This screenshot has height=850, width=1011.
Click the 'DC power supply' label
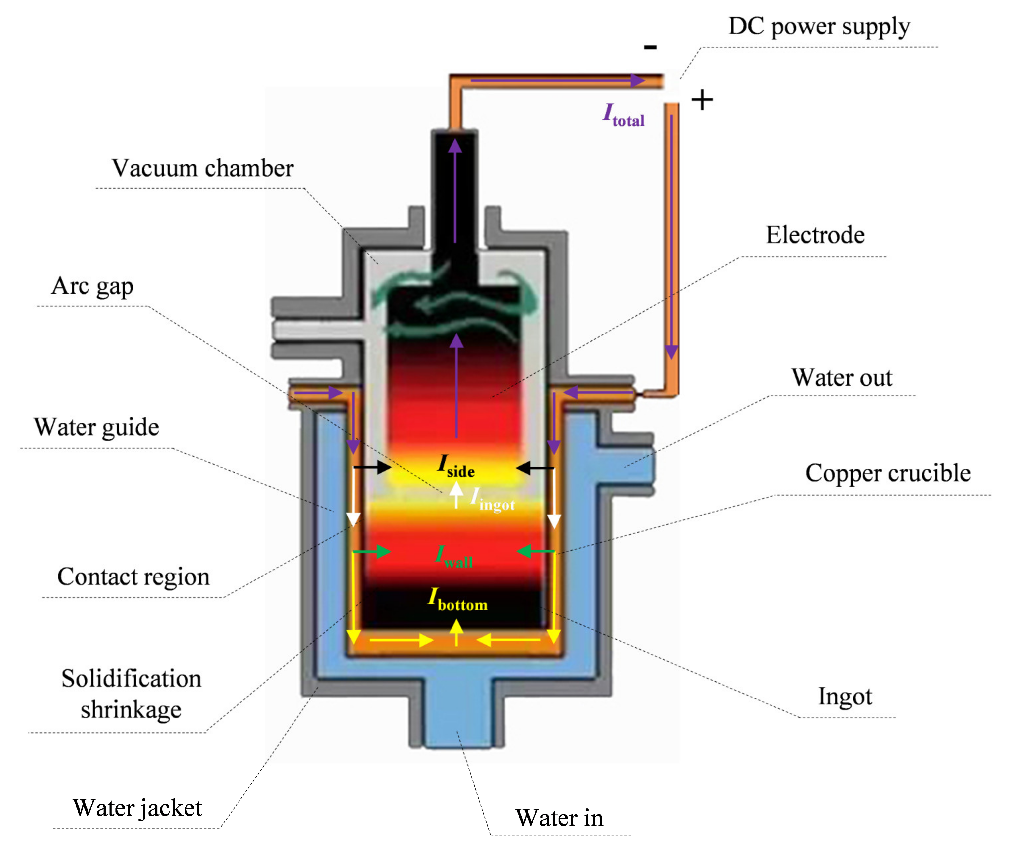[x=819, y=27]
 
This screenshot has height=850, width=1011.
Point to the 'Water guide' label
[x=96, y=427]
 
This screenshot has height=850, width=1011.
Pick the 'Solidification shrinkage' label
[x=131, y=694]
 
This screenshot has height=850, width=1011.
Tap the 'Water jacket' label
[x=137, y=808]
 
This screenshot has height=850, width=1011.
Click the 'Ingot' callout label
[x=845, y=697]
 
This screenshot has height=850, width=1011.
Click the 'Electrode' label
[x=815, y=235]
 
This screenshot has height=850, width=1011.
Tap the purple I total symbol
[x=623, y=115]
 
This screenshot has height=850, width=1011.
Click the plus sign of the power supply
[x=702, y=100]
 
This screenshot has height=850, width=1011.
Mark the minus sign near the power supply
[x=650, y=47]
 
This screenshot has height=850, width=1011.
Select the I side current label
[x=455, y=466]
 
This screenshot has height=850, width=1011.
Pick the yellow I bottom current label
[x=457, y=600]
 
